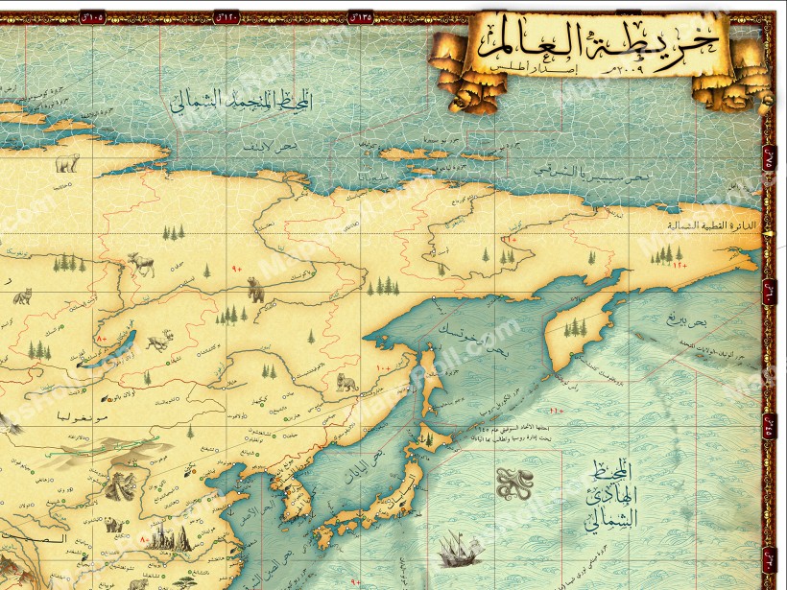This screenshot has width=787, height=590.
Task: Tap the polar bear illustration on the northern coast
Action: (x=66, y=164)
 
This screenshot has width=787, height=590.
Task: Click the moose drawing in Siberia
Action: (x=141, y=263)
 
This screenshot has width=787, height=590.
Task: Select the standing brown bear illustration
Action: (x=255, y=288)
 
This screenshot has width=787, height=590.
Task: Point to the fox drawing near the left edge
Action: (x=23, y=296)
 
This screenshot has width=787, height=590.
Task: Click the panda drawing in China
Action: (x=111, y=525)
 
